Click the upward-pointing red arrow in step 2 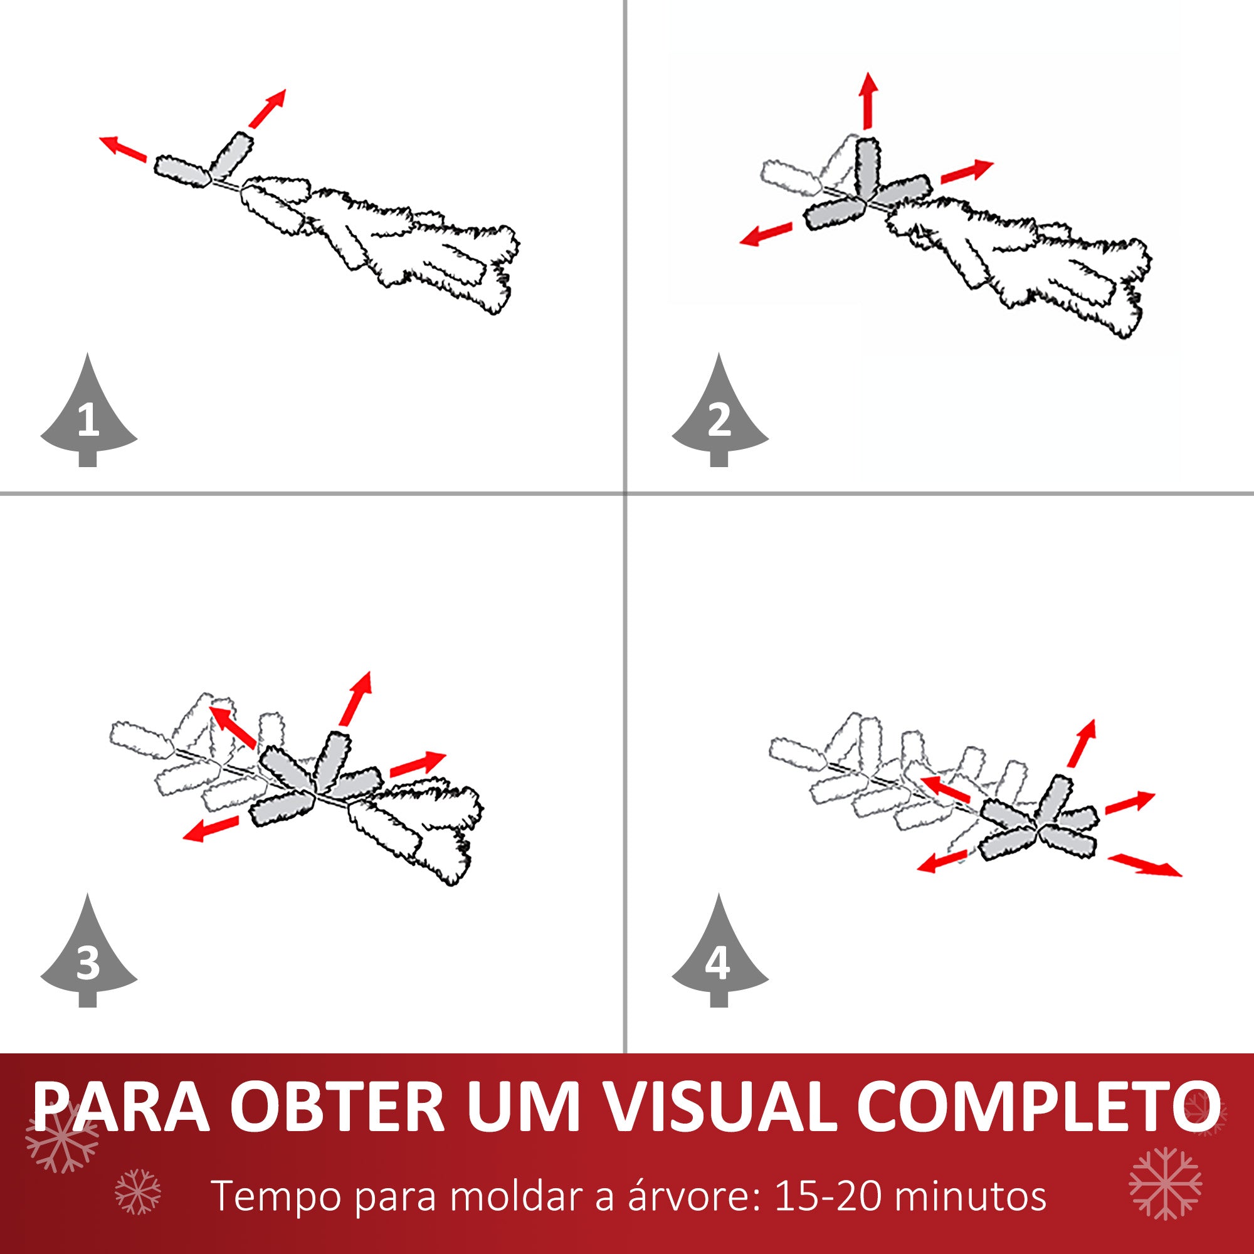(868, 101)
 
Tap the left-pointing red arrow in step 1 (123, 148)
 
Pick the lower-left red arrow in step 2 (767, 234)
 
